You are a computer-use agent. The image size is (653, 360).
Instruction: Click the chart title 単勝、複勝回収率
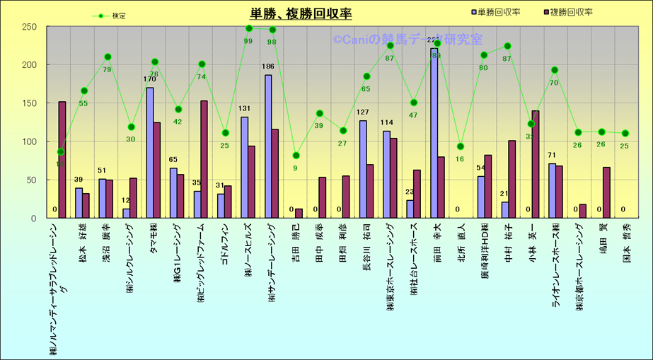301,13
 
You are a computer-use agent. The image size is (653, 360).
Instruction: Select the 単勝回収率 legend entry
499,12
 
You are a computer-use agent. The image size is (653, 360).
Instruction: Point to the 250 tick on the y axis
29,27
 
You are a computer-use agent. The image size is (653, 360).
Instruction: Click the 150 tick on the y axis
29,103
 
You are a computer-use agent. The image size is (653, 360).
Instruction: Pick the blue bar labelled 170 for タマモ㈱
150,153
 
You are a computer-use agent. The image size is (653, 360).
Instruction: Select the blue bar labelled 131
245,168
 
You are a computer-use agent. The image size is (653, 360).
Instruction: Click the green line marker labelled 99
249,28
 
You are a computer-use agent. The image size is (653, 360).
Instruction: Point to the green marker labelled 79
108,57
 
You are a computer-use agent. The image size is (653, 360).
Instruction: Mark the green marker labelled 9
296,156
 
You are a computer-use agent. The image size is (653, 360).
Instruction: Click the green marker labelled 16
461,146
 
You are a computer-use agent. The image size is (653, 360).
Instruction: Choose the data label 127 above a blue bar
363,113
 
